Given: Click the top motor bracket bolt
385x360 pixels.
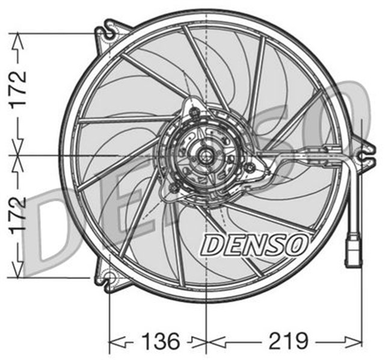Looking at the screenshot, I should click(x=194, y=112).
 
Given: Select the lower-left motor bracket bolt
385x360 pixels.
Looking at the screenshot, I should click(x=174, y=189).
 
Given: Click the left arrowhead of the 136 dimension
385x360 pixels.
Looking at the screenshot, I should click(x=112, y=342).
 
